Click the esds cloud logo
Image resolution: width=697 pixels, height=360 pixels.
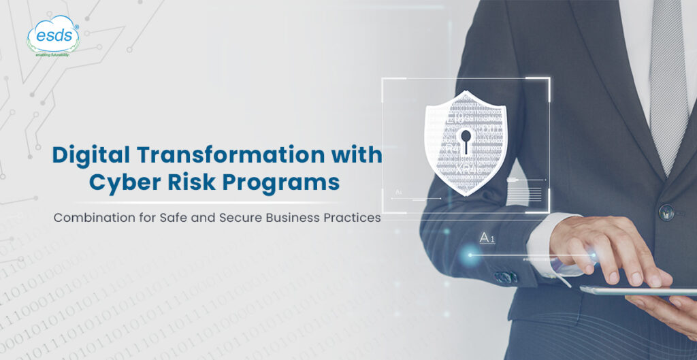53,33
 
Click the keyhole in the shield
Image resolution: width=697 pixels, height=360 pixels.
466,140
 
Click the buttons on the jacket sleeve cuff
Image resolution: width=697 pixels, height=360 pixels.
505,277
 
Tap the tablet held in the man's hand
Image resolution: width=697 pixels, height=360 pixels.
633,291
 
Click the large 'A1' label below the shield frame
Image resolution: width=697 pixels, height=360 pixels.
487,238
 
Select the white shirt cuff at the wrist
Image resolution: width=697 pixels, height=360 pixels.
545,244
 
